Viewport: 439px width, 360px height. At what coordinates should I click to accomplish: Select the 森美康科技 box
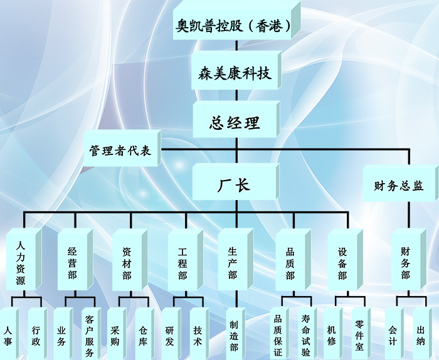click(235, 73)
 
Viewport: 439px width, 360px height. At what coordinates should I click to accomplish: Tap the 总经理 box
click(235, 122)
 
